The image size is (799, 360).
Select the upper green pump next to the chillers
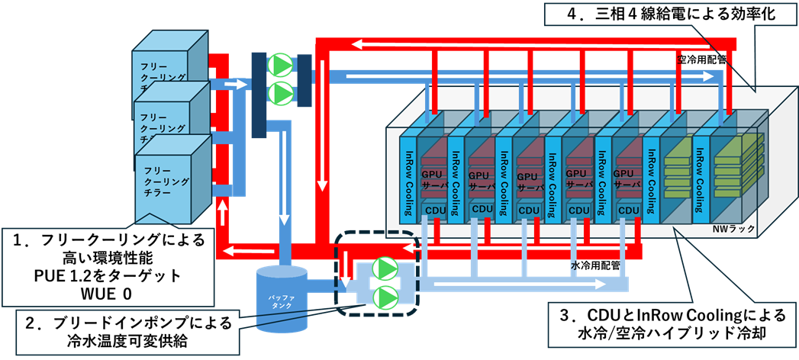tap(282, 64)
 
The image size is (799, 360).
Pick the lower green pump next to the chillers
tap(282, 93)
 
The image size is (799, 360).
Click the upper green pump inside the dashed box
tap(385, 269)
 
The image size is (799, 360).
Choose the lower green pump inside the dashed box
tap(385, 296)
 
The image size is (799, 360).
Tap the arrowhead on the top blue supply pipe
tap(710, 76)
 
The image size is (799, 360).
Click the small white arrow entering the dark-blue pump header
tap(240, 84)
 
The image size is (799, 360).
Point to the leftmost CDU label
tap(433, 210)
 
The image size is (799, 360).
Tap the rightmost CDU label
tap(629, 210)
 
